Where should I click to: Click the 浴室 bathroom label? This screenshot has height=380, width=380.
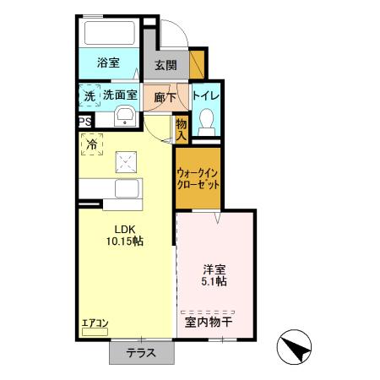click(107, 62)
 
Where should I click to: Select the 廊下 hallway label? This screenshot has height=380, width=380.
click(166, 97)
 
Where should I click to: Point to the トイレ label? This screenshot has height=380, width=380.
click(206, 96)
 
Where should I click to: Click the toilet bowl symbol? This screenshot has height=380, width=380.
click(205, 126)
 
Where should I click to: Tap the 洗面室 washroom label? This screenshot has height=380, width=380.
click(120, 96)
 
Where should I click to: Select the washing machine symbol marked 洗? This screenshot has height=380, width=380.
click(90, 96)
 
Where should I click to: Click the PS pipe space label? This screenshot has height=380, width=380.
click(84, 122)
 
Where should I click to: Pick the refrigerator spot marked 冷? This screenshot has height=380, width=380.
click(90, 144)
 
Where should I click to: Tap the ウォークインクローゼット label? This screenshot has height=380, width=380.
click(198, 179)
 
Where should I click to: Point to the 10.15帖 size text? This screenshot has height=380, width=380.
click(125, 241)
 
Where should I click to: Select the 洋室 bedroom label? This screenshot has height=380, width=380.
click(214, 269)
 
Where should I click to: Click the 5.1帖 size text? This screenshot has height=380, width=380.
click(214, 282)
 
